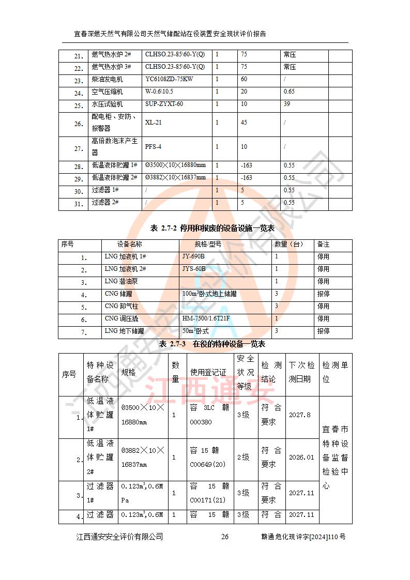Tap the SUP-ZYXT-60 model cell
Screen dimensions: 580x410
164,104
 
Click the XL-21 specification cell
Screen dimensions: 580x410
154,123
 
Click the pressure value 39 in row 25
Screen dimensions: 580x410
287,104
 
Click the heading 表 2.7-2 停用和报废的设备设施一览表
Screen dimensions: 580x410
205,228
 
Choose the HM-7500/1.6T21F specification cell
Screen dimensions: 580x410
206,319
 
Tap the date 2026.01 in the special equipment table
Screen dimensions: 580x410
301,457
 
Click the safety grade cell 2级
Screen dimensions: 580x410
243,457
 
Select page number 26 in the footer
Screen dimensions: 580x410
225,537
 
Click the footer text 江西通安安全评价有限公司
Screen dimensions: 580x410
119,537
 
